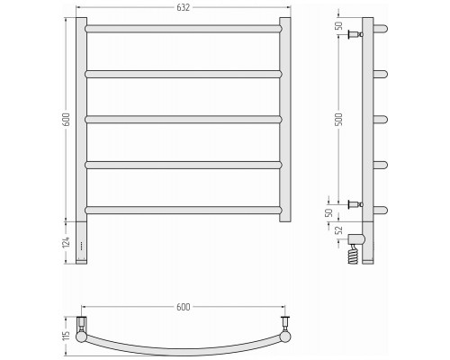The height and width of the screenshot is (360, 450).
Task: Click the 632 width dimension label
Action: tap(183, 7)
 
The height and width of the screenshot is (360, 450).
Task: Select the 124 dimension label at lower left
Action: tap(67, 242)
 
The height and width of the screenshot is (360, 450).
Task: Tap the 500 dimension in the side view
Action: tap(338, 120)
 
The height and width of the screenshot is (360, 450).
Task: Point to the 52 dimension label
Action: tap(338, 230)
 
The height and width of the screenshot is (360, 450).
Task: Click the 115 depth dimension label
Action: tap(67, 335)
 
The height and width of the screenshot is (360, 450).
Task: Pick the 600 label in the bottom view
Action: tap(183, 307)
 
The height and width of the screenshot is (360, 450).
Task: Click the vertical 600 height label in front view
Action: tap(67, 120)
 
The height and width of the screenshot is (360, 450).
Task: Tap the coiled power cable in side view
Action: tap(354, 255)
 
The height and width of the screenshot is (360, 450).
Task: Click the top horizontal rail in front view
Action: tap(184, 29)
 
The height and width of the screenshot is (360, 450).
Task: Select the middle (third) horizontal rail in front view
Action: tap(184, 120)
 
